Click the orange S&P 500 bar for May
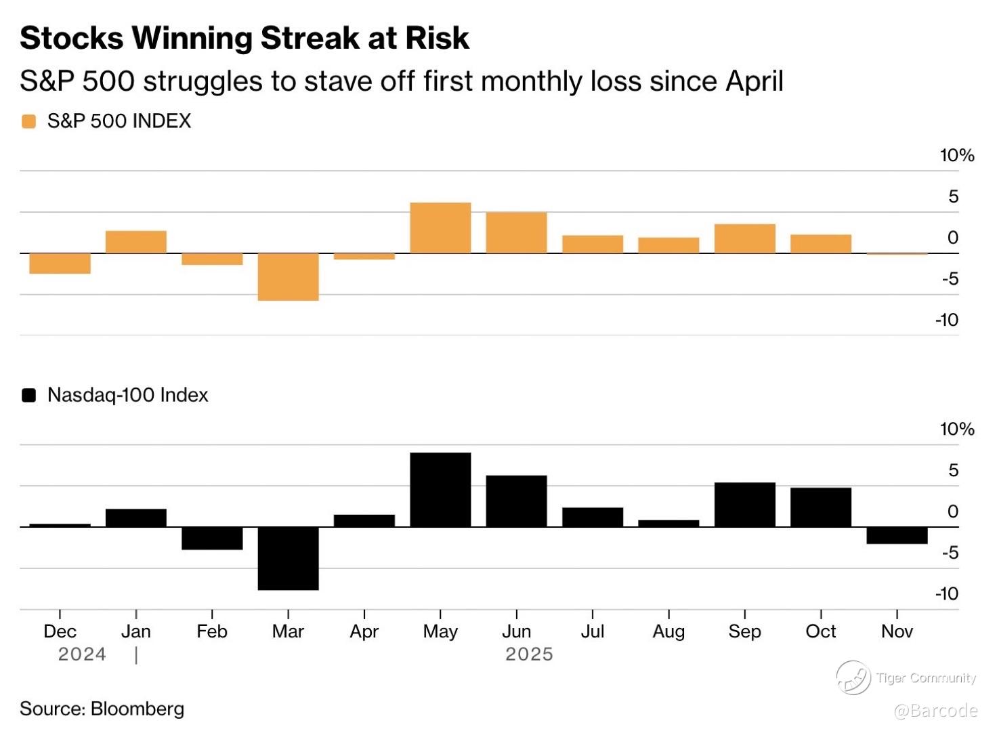pos(440,228)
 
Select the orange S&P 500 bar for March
pos(288,276)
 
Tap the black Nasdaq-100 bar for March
pos(288,558)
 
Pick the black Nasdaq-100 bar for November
pos(897,535)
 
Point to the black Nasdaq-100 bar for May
pos(440,489)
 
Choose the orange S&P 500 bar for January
pos(136,242)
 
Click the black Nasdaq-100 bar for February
pos(212,538)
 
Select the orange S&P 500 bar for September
pos(744,238)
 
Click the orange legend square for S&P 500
pos(28,121)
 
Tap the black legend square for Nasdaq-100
pos(28,395)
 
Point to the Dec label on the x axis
pos(60,631)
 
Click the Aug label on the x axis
pos(669,631)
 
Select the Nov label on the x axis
pos(897,631)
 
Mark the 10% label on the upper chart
pos(956,156)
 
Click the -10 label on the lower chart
pos(947,594)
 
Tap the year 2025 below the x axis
pos(529,654)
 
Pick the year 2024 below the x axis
pos(82,654)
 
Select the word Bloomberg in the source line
pos(137,709)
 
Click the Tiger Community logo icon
pos(853,677)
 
